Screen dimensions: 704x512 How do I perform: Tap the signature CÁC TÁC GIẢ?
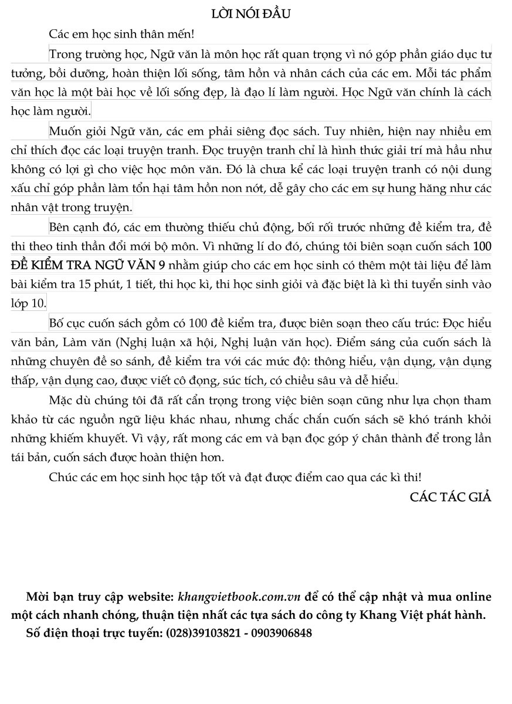click(x=450, y=497)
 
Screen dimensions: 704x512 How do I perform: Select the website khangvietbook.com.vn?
click(x=239, y=597)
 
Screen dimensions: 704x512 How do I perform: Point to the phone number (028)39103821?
click(x=203, y=634)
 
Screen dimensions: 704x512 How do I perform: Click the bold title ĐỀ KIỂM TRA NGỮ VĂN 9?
click(x=88, y=265)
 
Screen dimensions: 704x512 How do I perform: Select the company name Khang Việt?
click(x=379, y=615)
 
